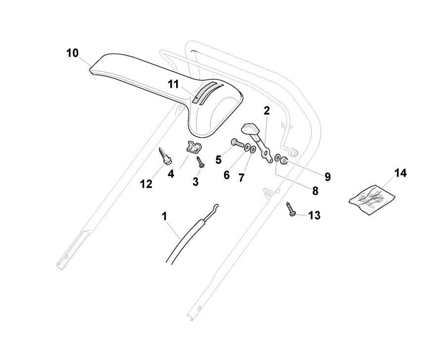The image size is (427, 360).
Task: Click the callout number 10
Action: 72,53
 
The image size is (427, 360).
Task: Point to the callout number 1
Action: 164,216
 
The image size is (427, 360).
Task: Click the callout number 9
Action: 328,176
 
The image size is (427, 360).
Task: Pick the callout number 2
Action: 267,110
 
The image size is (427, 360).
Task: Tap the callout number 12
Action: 146,184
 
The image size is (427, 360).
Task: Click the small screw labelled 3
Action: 200,161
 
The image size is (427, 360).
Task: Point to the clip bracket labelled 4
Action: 195,147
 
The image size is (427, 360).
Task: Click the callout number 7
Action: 241,178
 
